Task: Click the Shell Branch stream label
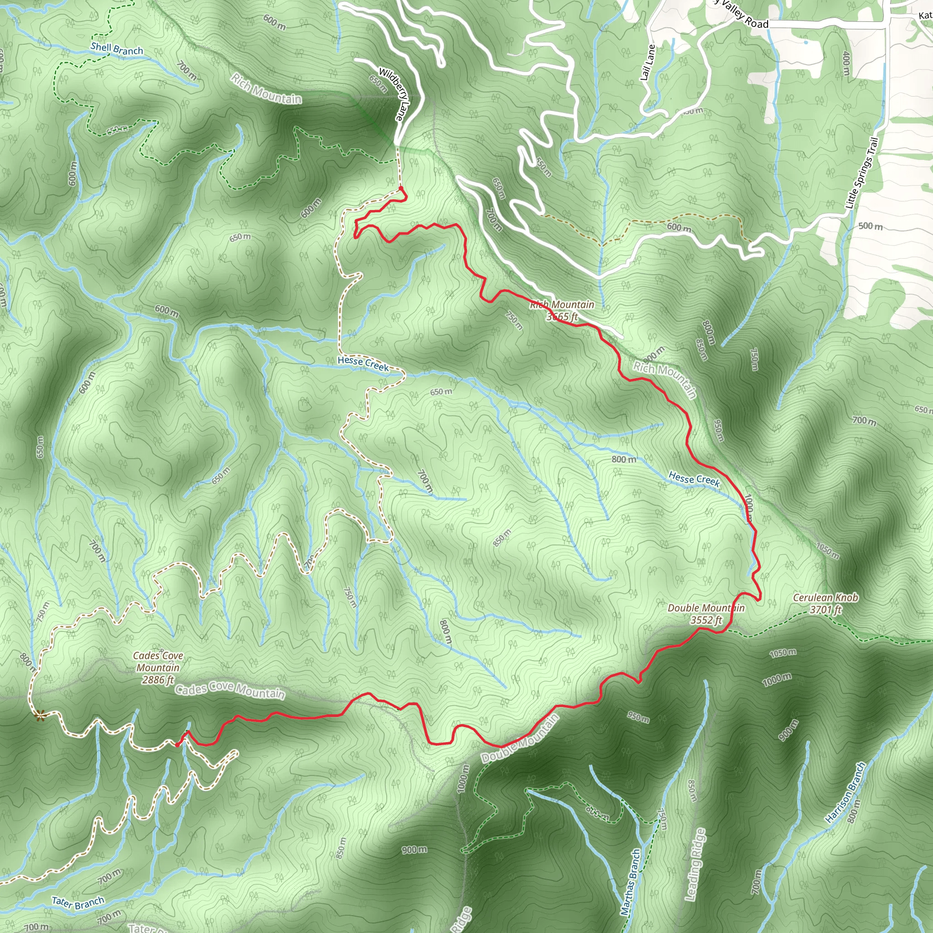click(x=117, y=48)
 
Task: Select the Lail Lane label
click(x=648, y=63)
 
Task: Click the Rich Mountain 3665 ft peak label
click(x=562, y=311)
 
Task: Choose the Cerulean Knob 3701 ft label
click(x=826, y=604)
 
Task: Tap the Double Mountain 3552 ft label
click(x=706, y=614)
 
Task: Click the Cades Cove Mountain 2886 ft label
click(x=158, y=668)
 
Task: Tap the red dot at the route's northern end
click(x=401, y=189)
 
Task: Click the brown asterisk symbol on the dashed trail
click(x=40, y=716)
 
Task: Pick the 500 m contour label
click(x=870, y=226)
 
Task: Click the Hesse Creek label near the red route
click(x=694, y=479)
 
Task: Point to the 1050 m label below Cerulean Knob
click(x=783, y=653)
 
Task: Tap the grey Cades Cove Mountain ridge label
click(x=230, y=691)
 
